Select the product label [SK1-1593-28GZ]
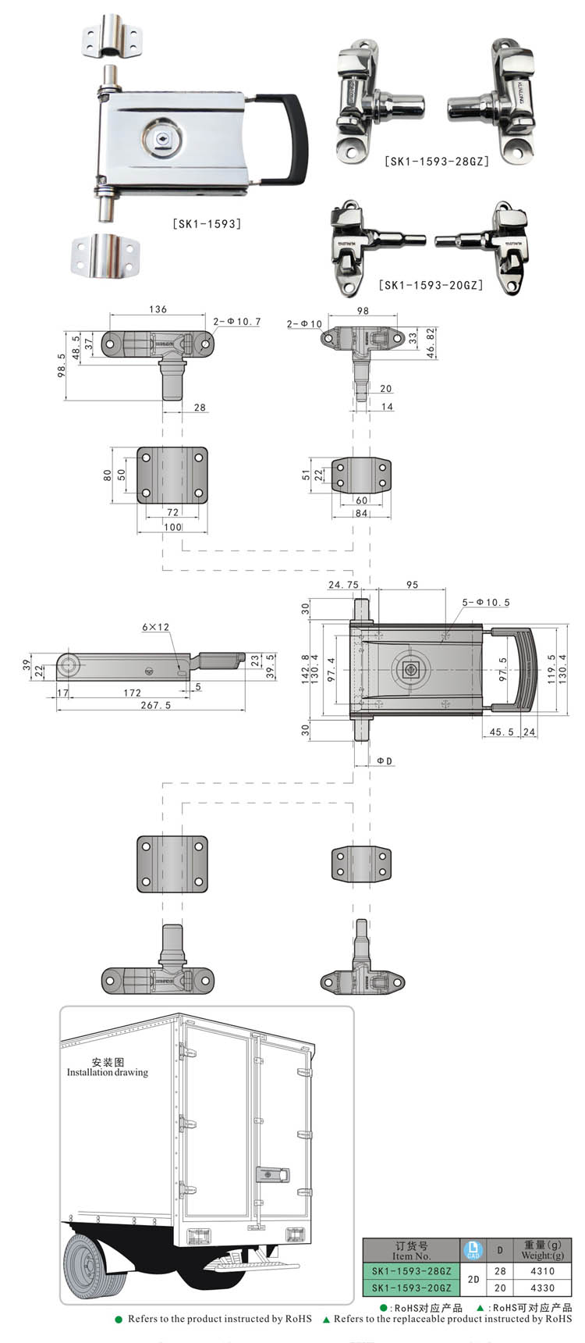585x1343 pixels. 436,162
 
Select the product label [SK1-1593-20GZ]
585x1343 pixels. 431,285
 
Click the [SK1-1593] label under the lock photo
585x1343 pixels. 206,223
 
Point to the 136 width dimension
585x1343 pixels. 158,309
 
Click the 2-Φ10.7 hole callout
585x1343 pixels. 236,321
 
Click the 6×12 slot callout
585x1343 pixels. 155,627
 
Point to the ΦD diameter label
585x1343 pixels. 385,761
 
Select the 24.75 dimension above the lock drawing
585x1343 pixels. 343,584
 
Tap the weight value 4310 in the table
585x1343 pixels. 541,1271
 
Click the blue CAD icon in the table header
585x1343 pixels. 473,1250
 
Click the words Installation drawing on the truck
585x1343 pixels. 108,1072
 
